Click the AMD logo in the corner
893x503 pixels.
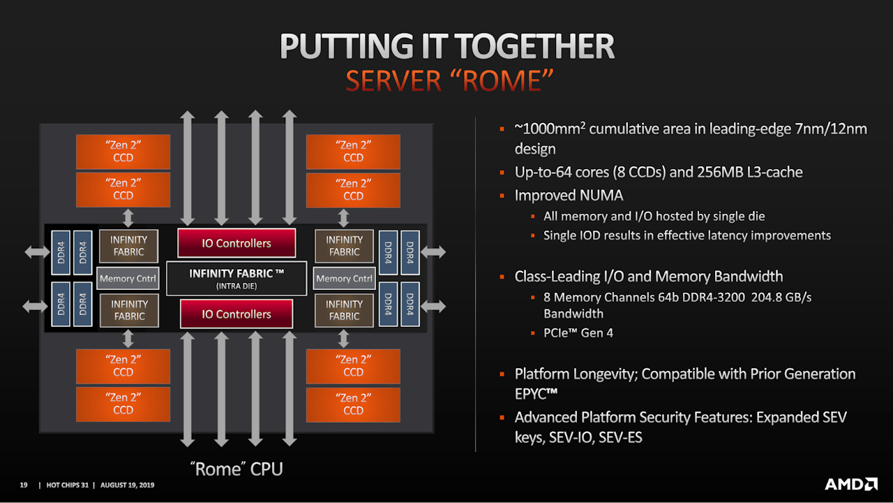[x=851, y=484]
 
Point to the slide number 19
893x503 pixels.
[x=23, y=485]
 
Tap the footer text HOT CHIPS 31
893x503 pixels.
[x=66, y=485]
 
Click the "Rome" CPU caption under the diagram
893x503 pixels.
[x=237, y=469]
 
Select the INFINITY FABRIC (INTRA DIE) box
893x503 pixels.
[x=237, y=278]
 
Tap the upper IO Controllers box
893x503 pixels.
[x=237, y=243]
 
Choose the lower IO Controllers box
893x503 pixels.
[x=237, y=314]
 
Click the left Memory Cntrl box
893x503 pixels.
[x=128, y=279]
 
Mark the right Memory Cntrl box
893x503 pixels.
[x=344, y=279]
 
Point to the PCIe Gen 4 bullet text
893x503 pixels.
[x=578, y=333]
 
